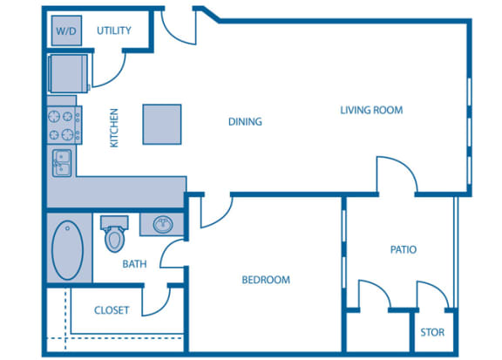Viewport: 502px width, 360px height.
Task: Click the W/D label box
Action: pyautogui.click(x=65, y=31)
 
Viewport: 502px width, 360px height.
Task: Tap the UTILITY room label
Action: pyautogui.click(x=114, y=31)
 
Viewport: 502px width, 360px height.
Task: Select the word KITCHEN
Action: pyautogui.click(x=114, y=127)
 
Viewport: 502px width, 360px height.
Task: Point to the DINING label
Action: pyautogui.click(x=245, y=121)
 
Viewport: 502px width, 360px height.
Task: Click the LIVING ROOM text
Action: pyautogui.click(x=371, y=110)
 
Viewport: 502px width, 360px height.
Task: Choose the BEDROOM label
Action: pyautogui.click(x=265, y=280)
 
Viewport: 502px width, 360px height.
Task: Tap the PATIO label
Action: pyautogui.click(x=403, y=249)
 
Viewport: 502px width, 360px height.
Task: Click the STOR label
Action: pyautogui.click(x=432, y=332)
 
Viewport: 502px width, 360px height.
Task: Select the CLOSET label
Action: pyautogui.click(x=112, y=309)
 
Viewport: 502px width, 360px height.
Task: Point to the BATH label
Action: pyautogui.click(x=134, y=263)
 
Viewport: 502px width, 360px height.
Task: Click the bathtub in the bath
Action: pyautogui.click(x=67, y=249)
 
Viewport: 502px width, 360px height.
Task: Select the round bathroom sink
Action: pyautogui.click(x=163, y=226)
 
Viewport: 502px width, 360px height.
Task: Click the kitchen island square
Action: pyautogui.click(x=163, y=123)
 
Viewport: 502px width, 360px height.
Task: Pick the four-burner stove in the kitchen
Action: pyautogui.click(x=64, y=125)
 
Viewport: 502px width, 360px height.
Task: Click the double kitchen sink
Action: pyautogui.click(x=62, y=162)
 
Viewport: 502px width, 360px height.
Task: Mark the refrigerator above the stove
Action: pyautogui.click(x=66, y=71)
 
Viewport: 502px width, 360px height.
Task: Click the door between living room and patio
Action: pyautogui.click(x=395, y=176)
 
